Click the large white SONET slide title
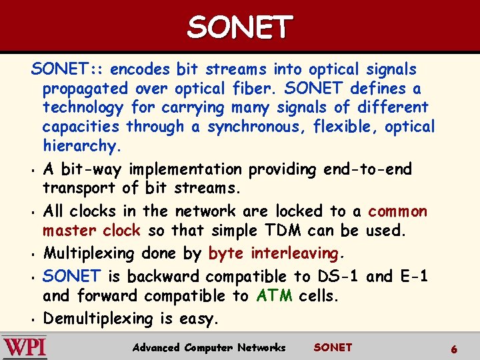click(x=239, y=27)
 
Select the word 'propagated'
click(x=85, y=89)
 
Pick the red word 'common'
click(x=397, y=211)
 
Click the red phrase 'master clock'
click(x=91, y=231)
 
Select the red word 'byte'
click(x=225, y=253)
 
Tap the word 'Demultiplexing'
click(x=99, y=319)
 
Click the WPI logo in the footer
click(x=25, y=347)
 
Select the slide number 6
click(x=453, y=348)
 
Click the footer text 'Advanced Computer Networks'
click(x=209, y=347)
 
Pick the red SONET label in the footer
click(x=332, y=347)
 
